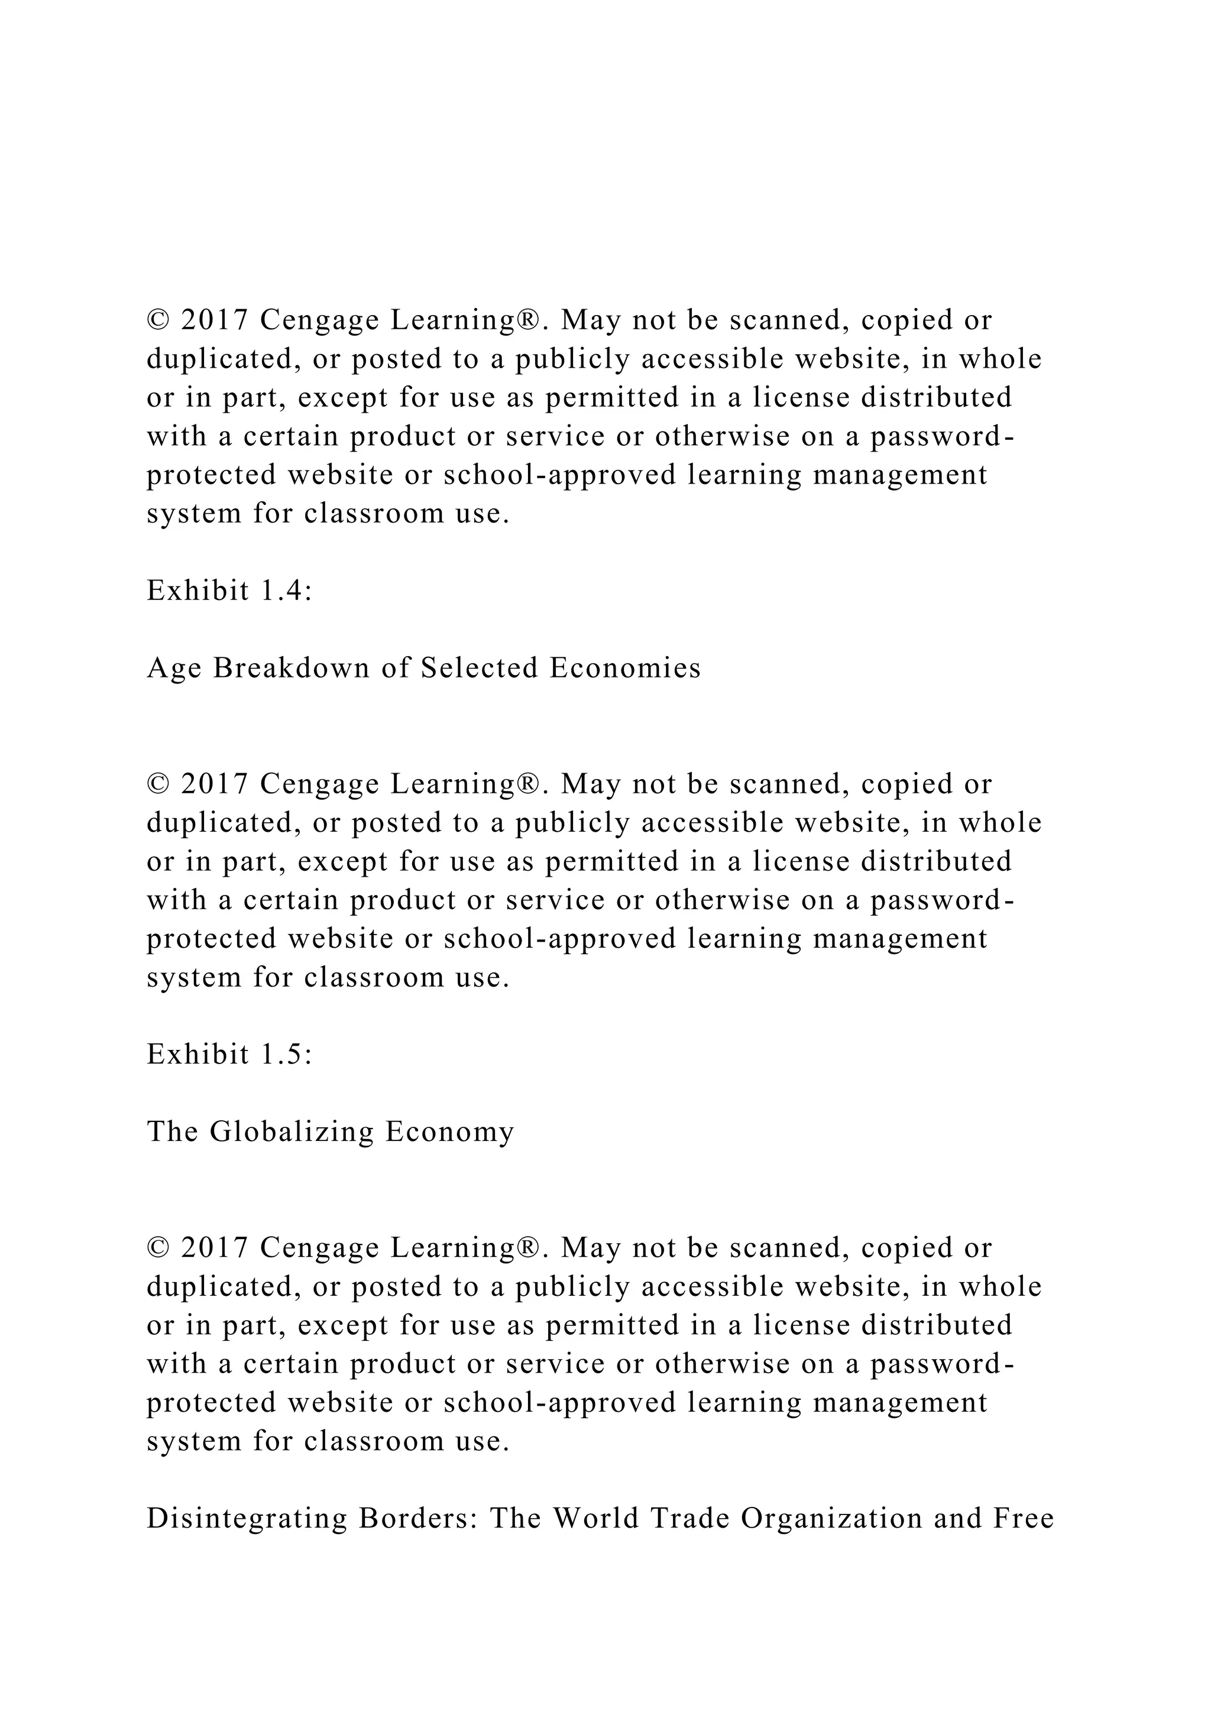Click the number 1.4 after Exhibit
[286, 591]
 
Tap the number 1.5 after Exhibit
[286, 1055]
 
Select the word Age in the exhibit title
[174, 669]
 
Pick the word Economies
[625, 668]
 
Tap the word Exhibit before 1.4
[197, 591]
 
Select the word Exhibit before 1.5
[197, 1055]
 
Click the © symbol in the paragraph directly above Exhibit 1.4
[157, 320]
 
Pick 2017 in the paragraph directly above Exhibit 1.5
[214, 784]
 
